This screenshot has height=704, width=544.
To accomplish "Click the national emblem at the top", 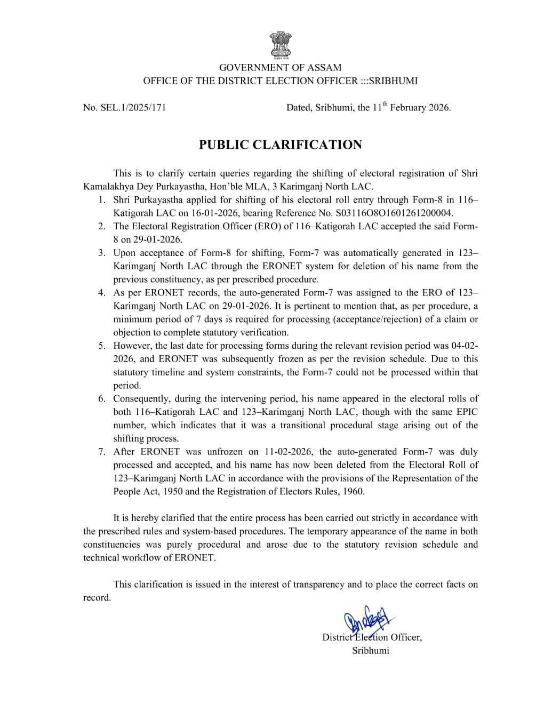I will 280,44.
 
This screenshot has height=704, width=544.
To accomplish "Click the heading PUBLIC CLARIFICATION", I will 280,145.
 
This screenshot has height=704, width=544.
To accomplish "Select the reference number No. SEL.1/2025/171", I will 124,108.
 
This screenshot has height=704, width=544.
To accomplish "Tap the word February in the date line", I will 408,108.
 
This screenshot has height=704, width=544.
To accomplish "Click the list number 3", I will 101,253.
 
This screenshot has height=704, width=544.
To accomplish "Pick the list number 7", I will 101,452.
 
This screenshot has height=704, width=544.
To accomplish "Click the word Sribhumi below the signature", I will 370,651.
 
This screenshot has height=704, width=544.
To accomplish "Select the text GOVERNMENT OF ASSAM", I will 280,68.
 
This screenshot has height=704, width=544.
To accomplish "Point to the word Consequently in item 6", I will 139,399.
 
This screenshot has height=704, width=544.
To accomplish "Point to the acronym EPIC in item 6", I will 467,412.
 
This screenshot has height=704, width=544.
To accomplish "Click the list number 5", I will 101,346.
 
